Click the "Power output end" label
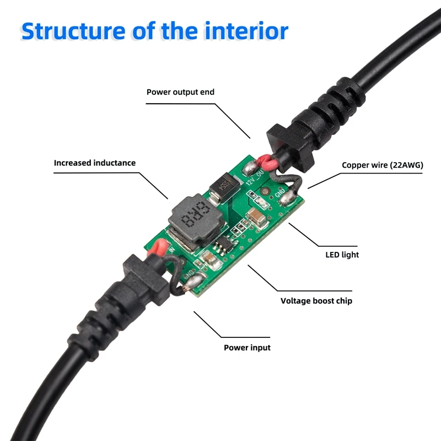click(180, 92)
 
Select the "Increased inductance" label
click(94, 163)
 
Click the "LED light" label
click(342, 255)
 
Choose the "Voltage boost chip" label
click(316, 301)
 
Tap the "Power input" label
click(247, 348)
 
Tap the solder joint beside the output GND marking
click(287, 198)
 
